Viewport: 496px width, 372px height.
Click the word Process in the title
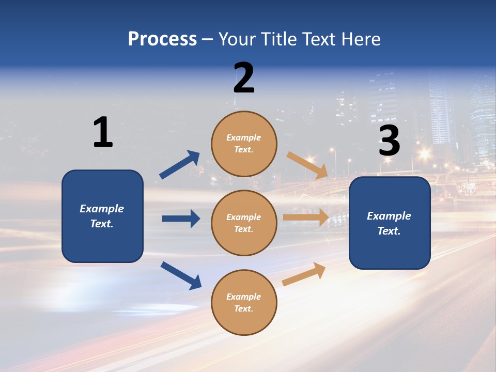click(162, 39)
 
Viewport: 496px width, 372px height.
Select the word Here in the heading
click(360, 39)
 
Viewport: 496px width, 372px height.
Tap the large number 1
click(103, 132)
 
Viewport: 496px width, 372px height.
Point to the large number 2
click(244, 78)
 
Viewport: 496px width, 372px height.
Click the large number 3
click(389, 141)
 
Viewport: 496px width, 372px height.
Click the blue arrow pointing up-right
click(180, 165)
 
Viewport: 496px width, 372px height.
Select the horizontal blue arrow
click(181, 219)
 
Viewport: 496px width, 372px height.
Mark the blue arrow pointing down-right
click(181, 275)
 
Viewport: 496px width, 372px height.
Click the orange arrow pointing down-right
click(307, 164)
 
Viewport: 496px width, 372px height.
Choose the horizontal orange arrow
click(306, 218)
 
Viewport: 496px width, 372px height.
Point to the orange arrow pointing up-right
click(304, 274)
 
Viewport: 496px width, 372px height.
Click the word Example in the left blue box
click(102, 209)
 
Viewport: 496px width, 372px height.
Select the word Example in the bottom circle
click(244, 297)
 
